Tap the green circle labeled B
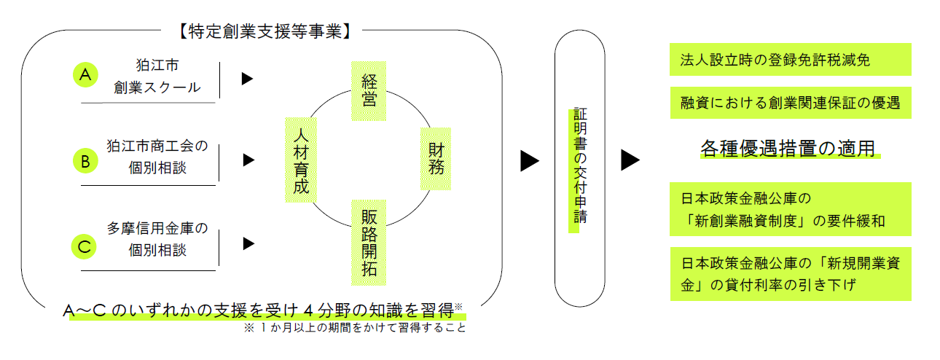point(85,161)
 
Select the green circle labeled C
point(85,246)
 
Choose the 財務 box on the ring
point(436,159)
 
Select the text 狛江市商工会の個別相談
point(157,156)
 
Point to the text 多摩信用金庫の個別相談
point(157,239)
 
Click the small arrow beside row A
point(247,78)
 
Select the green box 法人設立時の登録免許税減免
point(790,60)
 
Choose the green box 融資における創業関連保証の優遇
point(790,103)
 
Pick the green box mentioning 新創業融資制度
point(790,208)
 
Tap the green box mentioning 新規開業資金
point(790,273)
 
